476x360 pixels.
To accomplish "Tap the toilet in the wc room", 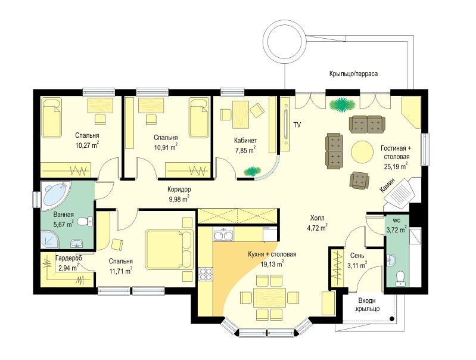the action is pyautogui.click(x=400, y=279).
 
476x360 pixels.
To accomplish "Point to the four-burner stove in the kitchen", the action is pyautogui.click(x=206, y=275).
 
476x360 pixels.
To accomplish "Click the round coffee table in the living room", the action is pyautogui.click(x=362, y=151).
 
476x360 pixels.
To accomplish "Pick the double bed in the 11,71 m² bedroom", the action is pyautogui.click(x=169, y=249).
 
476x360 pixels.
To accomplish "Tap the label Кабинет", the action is pyautogui.click(x=245, y=140).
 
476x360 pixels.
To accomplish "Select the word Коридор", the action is pyautogui.click(x=179, y=190).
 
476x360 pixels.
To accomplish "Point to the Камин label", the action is pyautogui.click(x=388, y=185).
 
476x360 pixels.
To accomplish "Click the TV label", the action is pyautogui.click(x=297, y=125).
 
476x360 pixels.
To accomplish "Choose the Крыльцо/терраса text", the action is pyautogui.click(x=354, y=74).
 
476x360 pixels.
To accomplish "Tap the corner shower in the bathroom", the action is pyautogui.click(x=50, y=239).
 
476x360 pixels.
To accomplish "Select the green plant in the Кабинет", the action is pyautogui.click(x=251, y=171).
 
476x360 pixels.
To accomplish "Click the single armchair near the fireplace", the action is pyautogui.click(x=359, y=180).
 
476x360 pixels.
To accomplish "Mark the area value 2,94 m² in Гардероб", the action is pyautogui.click(x=69, y=268).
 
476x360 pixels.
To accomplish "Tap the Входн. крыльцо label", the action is pyautogui.click(x=367, y=305).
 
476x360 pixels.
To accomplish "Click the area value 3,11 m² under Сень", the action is pyautogui.click(x=357, y=265).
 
